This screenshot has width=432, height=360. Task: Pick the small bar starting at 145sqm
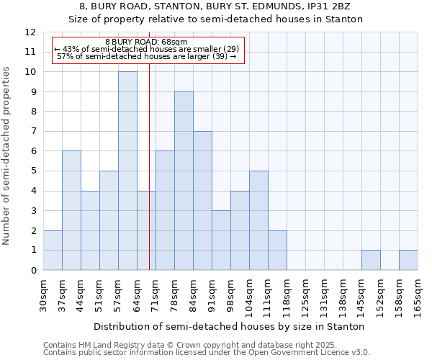pyautogui.click(x=371, y=260)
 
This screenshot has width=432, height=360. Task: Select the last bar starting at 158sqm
pyautogui.click(x=408, y=260)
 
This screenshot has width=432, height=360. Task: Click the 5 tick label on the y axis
pyautogui.click(x=33, y=171)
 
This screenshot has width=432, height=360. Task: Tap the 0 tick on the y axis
pyautogui.click(x=33, y=270)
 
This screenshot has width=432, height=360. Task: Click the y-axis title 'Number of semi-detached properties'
pyautogui.click(x=7, y=156)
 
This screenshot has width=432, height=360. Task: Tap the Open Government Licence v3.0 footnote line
pyautogui.click(x=207, y=353)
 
